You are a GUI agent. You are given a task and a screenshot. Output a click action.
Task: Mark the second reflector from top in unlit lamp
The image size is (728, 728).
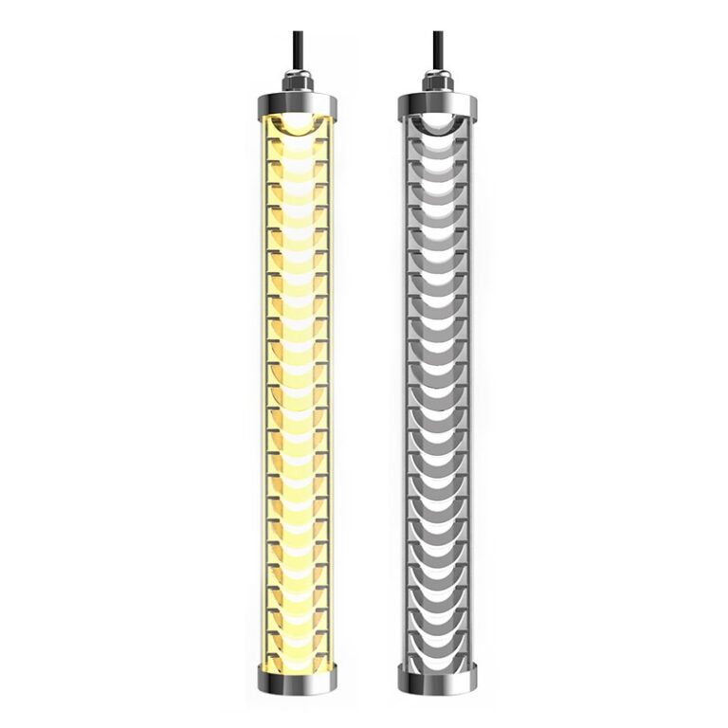(438, 152)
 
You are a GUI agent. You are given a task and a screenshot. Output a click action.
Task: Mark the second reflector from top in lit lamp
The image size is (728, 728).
(298, 152)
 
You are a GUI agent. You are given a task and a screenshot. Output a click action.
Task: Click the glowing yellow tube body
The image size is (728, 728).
(298, 379)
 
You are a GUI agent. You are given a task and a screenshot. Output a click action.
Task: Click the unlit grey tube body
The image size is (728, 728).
(438, 379)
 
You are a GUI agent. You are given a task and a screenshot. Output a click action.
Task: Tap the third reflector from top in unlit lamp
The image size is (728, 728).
(438, 173)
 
